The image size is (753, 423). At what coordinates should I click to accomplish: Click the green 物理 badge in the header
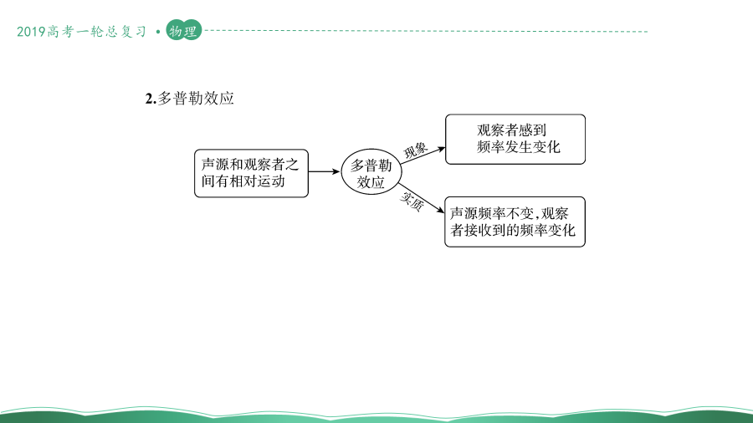pyautogui.click(x=183, y=31)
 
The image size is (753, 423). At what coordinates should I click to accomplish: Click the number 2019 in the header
pyautogui.click(x=31, y=32)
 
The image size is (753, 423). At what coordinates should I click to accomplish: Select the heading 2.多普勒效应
pyautogui.click(x=189, y=99)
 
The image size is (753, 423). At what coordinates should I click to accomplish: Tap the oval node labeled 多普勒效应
pyautogui.click(x=371, y=171)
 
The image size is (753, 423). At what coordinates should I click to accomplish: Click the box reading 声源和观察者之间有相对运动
pyautogui.click(x=251, y=173)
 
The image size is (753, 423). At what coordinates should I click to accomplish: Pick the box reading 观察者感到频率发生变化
pyautogui.click(x=515, y=139)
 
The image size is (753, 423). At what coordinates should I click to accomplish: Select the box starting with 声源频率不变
pyautogui.click(x=515, y=222)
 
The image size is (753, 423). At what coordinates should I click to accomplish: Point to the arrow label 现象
pyautogui.click(x=415, y=150)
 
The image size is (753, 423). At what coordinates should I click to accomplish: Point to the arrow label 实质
pyautogui.click(x=412, y=201)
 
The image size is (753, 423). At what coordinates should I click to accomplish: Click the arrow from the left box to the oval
pyautogui.click(x=324, y=171)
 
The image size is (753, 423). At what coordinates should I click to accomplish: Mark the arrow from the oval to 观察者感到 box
pyautogui.click(x=423, y=155)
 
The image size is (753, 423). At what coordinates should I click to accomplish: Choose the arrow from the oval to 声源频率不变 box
pyautogui.click(x=421, y=197)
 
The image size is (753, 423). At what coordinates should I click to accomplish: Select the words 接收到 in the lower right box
pyautogui.click(x=485, y=230)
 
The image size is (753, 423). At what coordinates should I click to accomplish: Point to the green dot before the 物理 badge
pyautogui.click(x=158, y=32)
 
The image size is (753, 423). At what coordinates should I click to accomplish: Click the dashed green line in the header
pyautogui.click(x=427, y=31)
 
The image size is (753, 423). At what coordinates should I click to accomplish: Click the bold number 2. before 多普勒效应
pyautogui.click(x=151, y=99)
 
